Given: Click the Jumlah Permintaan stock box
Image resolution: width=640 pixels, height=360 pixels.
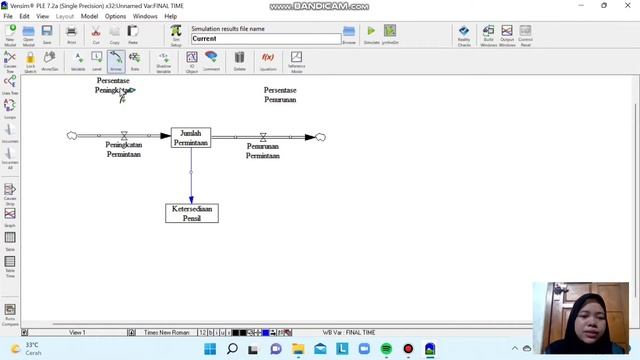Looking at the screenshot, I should (x=190, y=138).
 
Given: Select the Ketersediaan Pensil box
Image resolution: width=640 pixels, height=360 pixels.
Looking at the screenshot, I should (x=191, y=213).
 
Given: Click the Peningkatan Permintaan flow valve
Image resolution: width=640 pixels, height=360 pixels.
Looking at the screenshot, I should (x=124, y=135).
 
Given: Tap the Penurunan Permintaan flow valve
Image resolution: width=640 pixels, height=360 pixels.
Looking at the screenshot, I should (x=262, y=136).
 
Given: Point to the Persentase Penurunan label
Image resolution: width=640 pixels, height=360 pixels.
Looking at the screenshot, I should (x=280, y=95).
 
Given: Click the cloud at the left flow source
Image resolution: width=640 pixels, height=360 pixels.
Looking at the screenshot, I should (x=72, y=135).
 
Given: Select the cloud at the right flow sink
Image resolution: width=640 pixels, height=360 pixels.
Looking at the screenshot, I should (x=320, y=136).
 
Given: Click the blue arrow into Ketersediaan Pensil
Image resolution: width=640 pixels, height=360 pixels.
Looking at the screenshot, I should (x=191, y=180).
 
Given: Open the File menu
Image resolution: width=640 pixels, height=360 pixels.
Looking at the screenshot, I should (x=8, y=16).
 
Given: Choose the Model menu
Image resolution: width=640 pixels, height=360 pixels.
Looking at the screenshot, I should (x=90, y=16).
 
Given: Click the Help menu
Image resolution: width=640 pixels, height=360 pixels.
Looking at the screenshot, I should (x=171, y=16).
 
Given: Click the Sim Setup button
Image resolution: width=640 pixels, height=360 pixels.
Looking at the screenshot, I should (x=176, y=35).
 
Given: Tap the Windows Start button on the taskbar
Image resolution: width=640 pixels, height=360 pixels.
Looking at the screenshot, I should (x=210, y=349).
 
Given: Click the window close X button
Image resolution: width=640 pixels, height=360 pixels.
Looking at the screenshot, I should (x=631, y=5).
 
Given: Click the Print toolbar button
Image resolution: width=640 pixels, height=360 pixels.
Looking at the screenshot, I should (x=71, y=35).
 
